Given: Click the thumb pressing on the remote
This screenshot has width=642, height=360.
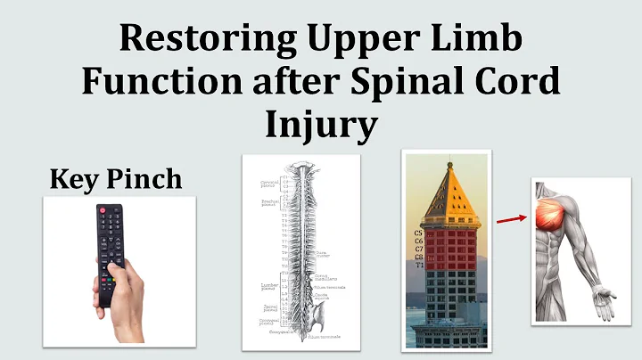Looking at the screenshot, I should tap(116, 266).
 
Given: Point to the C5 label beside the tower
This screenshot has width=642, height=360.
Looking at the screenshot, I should tap(419, 233).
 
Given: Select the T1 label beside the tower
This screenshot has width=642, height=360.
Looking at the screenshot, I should tap(419, 265).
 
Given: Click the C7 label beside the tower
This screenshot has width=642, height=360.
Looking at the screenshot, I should tap(419, 249).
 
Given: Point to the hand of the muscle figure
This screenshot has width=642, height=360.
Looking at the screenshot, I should tap(606, 304).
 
